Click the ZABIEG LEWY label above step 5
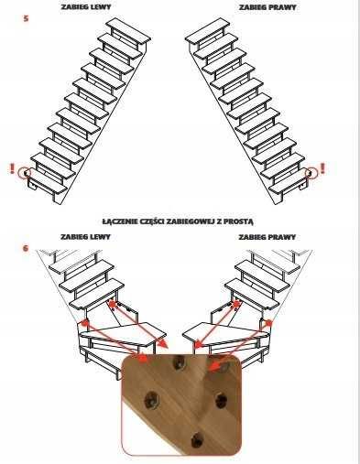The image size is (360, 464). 86,7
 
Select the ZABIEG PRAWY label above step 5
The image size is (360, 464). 267,7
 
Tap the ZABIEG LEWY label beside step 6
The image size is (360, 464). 85,237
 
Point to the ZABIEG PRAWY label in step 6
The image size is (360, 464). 267,237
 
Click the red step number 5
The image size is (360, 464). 26,18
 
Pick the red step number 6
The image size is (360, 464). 26,248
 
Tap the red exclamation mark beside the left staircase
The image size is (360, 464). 12,168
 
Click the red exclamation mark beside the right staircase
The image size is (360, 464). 322,168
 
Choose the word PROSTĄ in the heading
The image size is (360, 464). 238,221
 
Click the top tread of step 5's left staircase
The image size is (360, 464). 128,30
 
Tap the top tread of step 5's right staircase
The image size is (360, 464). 207,30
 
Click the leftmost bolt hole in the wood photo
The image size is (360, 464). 151,398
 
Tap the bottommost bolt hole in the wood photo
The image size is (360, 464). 198,441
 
